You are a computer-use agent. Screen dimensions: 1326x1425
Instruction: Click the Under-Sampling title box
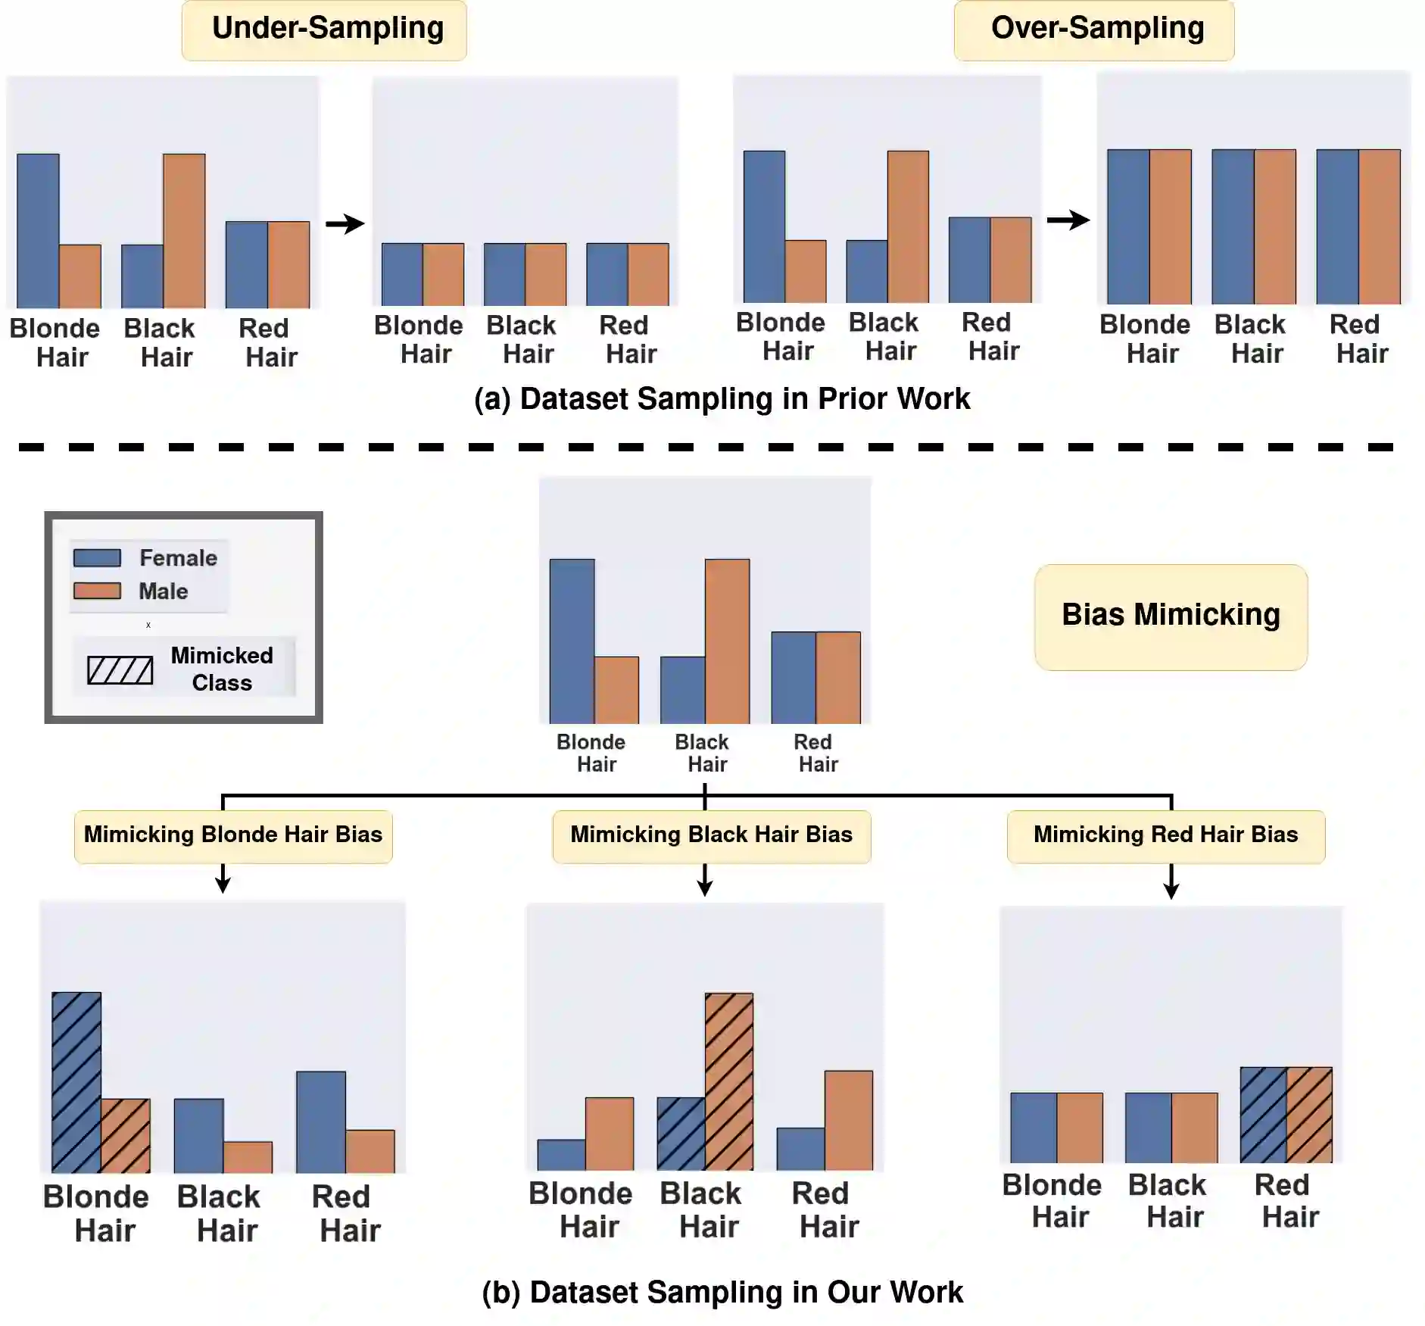pos(324,30)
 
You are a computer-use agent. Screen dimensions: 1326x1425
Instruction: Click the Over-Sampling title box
pos(1094,30)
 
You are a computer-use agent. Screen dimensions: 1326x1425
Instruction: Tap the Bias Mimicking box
pos(1171,616)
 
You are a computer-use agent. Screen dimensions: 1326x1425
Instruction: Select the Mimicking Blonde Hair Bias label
pos(233,836)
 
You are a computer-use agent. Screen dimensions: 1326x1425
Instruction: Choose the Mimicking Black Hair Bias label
pos(711,836)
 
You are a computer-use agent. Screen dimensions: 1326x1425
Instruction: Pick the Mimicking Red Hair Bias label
pos(1165,836)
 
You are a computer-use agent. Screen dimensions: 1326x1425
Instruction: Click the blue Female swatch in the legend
pos(97,558)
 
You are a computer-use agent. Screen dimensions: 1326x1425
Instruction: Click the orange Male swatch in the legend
pos(97,591)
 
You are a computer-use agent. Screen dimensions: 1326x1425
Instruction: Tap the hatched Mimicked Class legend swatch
pos(120,670)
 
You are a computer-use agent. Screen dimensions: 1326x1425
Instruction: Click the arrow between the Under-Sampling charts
pos(345,223)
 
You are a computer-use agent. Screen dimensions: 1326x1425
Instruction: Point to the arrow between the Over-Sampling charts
pos(1068,220)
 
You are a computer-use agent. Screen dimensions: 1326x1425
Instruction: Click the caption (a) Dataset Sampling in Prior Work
pos(722,399)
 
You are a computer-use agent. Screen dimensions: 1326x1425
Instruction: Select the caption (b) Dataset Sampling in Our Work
pos(722,1292)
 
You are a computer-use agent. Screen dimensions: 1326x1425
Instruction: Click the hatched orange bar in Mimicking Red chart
pos(1309,1115)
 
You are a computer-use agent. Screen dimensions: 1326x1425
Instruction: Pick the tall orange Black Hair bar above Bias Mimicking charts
pos(727,641)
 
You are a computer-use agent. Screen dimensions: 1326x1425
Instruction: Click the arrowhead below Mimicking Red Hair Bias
pos(1171,890)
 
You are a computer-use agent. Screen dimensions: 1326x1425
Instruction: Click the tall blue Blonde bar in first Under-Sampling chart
pos(38,230)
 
